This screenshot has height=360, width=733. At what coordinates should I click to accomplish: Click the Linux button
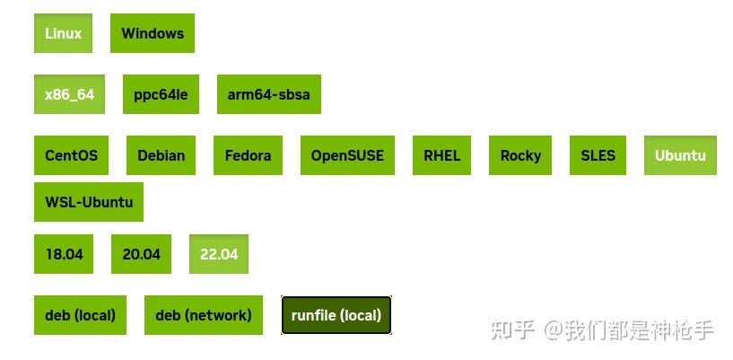pos(63,33)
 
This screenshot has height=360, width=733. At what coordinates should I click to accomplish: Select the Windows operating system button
pos(153,33)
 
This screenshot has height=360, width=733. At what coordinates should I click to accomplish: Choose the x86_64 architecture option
pos(69,94)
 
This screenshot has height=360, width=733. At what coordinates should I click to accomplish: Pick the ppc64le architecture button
pos(161,94)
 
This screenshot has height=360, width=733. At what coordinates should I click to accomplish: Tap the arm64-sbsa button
pos(269,94)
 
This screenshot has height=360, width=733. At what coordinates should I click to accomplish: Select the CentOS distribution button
pos(71,155)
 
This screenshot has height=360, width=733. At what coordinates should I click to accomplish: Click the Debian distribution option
pos(161,155)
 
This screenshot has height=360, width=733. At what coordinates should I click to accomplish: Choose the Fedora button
pos(248,155)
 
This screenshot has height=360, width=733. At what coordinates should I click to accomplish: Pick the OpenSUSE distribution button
pos(347,155)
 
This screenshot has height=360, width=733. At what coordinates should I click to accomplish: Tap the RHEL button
pos(441,155)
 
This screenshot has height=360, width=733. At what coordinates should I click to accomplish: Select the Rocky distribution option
pos(520,155)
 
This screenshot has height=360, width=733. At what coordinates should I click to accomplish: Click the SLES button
pos(598,155)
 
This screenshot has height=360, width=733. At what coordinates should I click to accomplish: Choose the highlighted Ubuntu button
pos(680,155)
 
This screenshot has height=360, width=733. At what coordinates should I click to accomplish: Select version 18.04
pos(64,254)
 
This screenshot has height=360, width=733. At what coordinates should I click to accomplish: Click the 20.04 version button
pos(141,254)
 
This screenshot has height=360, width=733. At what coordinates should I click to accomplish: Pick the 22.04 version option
pos(219,254)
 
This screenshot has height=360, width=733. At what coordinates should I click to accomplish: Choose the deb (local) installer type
pos(80,315)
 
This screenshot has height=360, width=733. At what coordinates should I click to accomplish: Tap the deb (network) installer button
pos(204,315)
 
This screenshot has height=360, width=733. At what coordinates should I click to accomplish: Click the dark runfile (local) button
pos(336,315)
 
